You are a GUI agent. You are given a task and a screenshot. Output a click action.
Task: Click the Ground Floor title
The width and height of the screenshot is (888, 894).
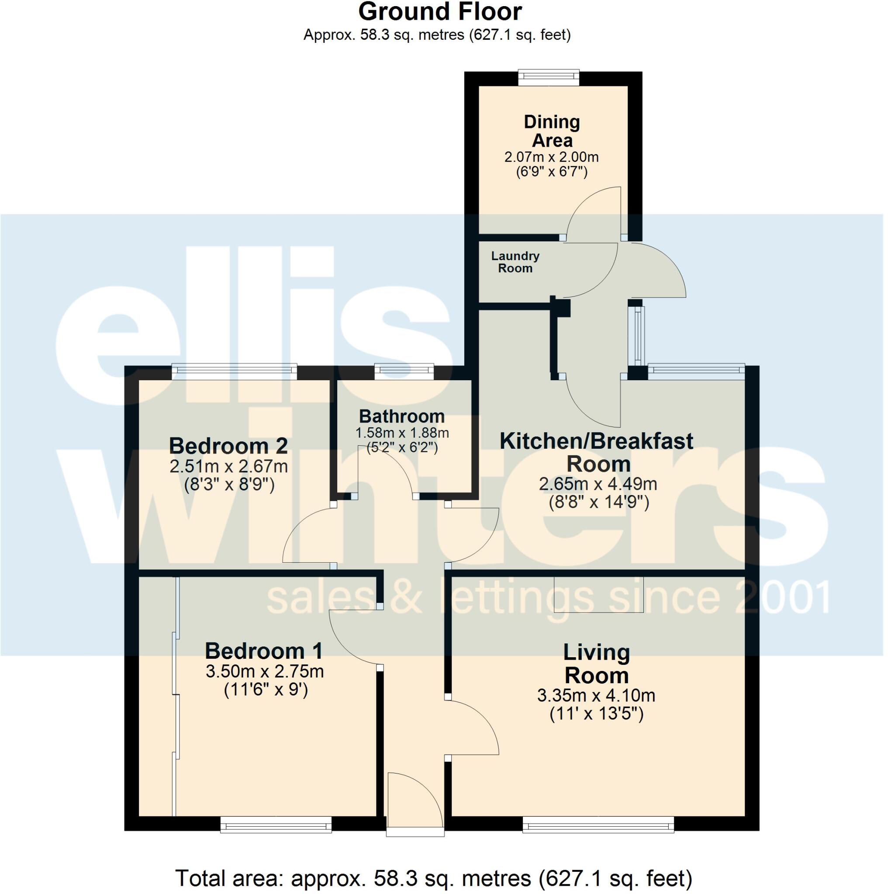pos(440,12)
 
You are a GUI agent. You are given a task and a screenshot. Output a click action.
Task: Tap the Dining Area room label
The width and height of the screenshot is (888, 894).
pos(551,131)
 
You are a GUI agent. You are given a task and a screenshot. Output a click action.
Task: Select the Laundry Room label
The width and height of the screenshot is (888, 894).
pos(515,262)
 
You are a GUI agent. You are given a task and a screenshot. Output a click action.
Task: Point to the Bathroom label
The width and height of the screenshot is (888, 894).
pos(401,416)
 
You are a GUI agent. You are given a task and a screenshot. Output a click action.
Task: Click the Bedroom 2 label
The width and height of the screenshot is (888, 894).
pos(228,446)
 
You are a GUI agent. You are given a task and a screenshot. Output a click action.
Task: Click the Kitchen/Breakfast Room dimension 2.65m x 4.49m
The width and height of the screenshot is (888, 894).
pos(598,485)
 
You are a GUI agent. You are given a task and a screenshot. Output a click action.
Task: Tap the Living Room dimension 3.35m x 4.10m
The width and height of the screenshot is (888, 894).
pos(596,695)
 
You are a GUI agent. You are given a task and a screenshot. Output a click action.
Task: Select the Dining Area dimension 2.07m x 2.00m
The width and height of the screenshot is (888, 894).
pos(551,157)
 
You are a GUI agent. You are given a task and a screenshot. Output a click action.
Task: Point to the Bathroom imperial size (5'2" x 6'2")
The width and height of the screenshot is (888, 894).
pos(401,448)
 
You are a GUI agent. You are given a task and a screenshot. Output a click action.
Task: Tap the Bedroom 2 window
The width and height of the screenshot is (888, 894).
pos(234,372)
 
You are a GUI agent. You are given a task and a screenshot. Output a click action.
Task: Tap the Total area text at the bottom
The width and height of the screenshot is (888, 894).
pos(433,878)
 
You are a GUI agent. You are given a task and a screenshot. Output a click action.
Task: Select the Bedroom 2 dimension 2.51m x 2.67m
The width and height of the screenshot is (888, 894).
pos(228,467)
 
